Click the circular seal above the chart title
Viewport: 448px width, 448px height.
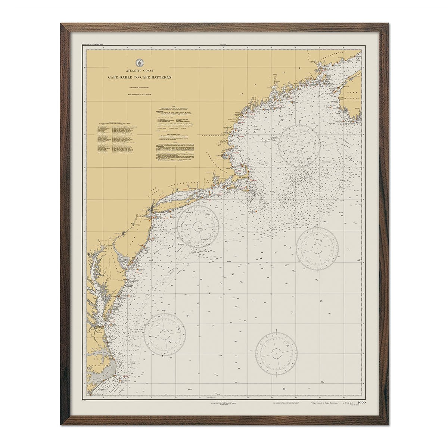click(x=139, y=63)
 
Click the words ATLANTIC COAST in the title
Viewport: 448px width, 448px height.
click(x=140, y=70)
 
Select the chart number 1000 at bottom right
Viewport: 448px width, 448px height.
click(x=362, y=402)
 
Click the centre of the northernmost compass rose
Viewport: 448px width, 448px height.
click(x=299, y=145)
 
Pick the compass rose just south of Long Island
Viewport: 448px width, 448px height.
click(x=198, y=227)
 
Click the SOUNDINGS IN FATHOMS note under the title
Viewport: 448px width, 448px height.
click(x=140, y=95)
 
